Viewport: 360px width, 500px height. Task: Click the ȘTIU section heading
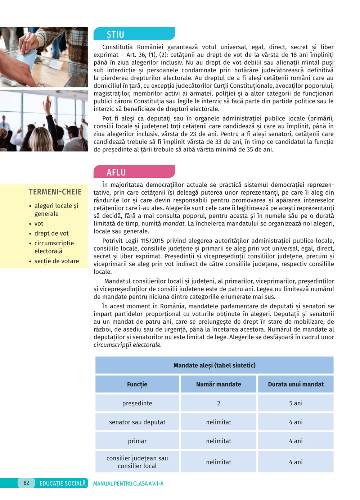(x=115, y=35)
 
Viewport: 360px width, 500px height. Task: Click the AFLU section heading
(x=116, y=172)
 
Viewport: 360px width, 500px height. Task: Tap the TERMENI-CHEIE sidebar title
(x=55, y=192)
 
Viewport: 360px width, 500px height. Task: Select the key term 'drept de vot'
(x=51, y=233)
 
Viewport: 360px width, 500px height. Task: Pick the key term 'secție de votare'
(x=57, y=261)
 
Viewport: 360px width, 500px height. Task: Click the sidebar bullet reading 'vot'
(x=39, y=224)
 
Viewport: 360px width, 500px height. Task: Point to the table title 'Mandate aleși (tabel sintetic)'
(x=215, y=365)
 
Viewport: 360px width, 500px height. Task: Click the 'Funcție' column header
(x=137, y=384)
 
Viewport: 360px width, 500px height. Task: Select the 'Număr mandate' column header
(x=219, y=384)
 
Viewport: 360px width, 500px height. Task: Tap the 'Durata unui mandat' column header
(x=296, y=384)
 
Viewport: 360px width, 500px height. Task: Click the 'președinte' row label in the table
(x=137, y=403)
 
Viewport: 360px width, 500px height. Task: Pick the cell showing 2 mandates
(x=219, y=403)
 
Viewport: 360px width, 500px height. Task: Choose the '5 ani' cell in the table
(x=296, y=403)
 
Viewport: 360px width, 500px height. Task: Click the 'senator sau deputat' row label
(x=137, y=422)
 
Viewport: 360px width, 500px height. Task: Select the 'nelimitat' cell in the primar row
(x=219, y=441)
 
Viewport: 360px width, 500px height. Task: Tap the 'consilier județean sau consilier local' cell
(x=137, y=462)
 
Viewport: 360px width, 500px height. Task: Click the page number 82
(x=26, y=483)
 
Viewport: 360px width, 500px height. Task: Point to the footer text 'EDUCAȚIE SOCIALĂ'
(x=63, y=483)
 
